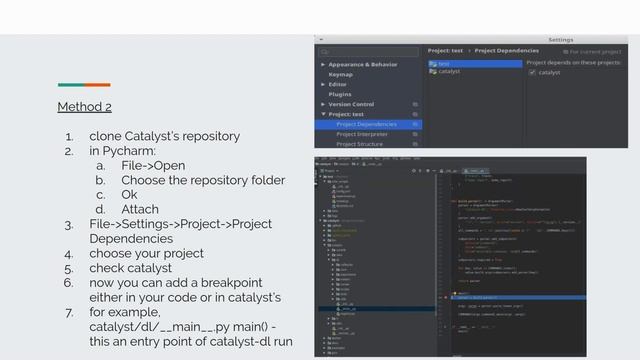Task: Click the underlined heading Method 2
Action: click(84, 106)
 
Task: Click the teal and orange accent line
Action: click(84, 85)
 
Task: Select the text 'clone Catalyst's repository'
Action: click(164, 136)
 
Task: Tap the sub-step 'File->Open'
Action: click(153, 165)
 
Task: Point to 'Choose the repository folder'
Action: click(203, 180)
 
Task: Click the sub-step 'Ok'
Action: click(130, 194)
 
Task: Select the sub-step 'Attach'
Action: click(140, 209)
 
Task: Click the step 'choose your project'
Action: click(146, 254)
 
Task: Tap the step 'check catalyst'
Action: click(130, 268)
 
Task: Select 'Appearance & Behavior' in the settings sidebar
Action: click(369, 64)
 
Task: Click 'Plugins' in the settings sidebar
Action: click(341, 94)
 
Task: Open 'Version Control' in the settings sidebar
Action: click(351, 104)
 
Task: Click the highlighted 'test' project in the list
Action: click(443, 63)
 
